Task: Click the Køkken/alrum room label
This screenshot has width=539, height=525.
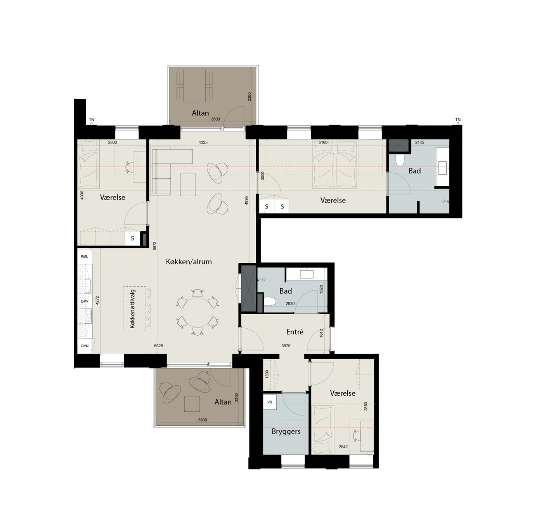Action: (189, 262)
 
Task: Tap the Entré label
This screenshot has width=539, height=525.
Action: (295, 331)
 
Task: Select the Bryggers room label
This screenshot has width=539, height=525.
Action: (286, 431)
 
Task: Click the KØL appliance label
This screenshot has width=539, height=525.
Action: (85, 256)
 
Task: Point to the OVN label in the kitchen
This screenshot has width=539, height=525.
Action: (85, 346)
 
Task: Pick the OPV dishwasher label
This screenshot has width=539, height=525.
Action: (85, 301)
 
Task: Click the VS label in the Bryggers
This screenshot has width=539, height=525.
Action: (270, 402)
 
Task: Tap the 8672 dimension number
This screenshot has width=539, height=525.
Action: (154, 246)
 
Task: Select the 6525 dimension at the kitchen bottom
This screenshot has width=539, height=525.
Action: (158, 346)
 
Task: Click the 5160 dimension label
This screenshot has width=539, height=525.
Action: (323, 142)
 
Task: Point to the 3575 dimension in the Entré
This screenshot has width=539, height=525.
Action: (286, 346)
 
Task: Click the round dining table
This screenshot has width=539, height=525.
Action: (197, 312)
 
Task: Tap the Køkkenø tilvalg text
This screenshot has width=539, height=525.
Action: (132, 309)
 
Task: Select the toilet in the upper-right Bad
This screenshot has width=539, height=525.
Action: (399, 160)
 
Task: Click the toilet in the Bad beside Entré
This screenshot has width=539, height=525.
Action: (270, 301)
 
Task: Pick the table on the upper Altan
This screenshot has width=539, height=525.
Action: (194, 86)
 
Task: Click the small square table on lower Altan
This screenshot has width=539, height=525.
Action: (192, 404)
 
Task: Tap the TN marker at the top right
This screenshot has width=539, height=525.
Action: (458, 120)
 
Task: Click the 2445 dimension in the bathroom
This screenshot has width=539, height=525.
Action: (419, 142)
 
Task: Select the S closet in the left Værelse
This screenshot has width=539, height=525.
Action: (132, 238)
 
